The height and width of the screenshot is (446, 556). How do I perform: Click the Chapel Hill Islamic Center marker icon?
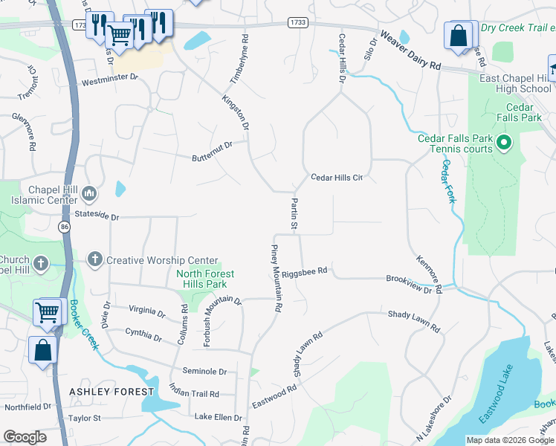[89, 195]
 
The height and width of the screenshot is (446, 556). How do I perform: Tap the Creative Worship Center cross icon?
[94, 259]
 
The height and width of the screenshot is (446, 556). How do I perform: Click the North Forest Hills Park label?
[205, 279]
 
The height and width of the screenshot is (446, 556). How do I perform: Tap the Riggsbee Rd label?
[305, 271]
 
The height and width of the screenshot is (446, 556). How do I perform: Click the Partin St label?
[294, 213]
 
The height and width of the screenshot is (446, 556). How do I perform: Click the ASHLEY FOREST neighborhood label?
[111, 391]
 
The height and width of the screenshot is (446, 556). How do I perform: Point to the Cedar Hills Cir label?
[336, 177]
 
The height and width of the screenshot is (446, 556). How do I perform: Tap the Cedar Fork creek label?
[448, 181]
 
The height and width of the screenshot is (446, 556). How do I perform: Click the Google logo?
[25, 437]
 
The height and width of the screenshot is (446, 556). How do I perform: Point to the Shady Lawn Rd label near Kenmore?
[413, 321]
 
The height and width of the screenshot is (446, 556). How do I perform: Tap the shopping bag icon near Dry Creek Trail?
[459, 36]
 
